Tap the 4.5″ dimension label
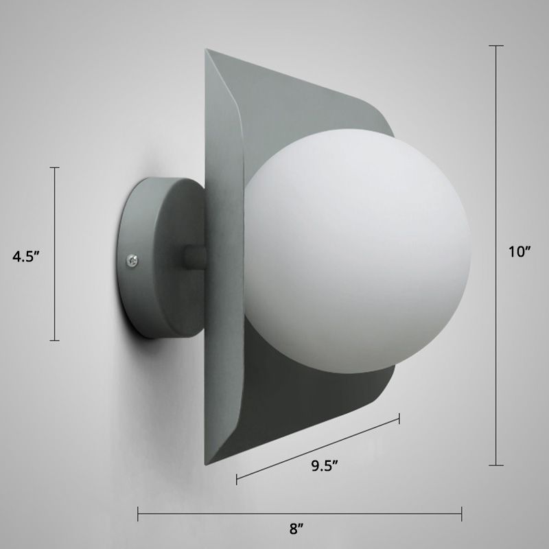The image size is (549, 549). (28, 257)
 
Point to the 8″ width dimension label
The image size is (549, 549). (296, 529)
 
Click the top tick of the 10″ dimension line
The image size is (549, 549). (495, 46)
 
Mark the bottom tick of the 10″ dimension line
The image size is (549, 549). (495, 465)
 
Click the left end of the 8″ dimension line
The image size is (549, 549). (139, 511)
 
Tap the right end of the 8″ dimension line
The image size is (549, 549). (461, 511)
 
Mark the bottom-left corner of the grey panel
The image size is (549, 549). (206, 465)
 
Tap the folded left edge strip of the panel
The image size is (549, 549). (221, 261)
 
